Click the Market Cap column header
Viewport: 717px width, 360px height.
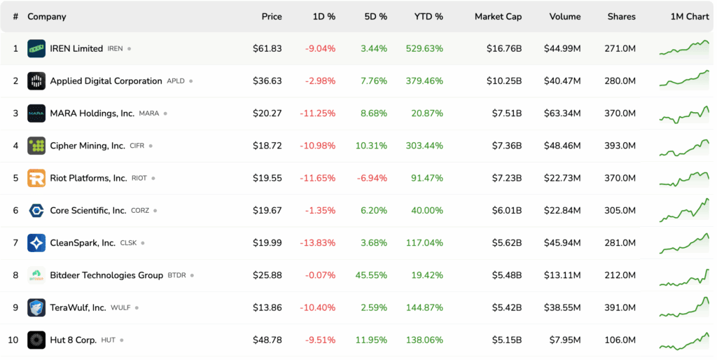point(498,16)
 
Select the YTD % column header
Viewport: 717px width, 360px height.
point(429,16)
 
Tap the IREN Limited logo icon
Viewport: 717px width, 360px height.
point(36,48)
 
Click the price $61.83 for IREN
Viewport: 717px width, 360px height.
point(267,48)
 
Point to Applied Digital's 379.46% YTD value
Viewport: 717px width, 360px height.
point(424,81)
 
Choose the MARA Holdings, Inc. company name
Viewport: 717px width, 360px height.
point(92,113)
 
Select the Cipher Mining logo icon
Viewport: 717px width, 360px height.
point(36,146)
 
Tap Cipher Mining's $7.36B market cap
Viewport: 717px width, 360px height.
point(504,146)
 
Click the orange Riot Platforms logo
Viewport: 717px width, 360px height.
point(36,178)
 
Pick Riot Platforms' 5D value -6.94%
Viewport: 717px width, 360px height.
point(371,178)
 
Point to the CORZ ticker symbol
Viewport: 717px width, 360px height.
point(140,211)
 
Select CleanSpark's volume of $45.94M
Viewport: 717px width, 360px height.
point(562,243)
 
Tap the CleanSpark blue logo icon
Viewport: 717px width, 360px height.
point(36,243)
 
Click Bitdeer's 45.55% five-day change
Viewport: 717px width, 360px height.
point(371,275)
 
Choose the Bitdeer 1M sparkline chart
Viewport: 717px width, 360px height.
point(684,275)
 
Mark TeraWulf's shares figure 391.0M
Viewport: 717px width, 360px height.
point(620,307)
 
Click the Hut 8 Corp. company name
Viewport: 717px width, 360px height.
point(73,340)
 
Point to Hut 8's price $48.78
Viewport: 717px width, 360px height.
point(267,340)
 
